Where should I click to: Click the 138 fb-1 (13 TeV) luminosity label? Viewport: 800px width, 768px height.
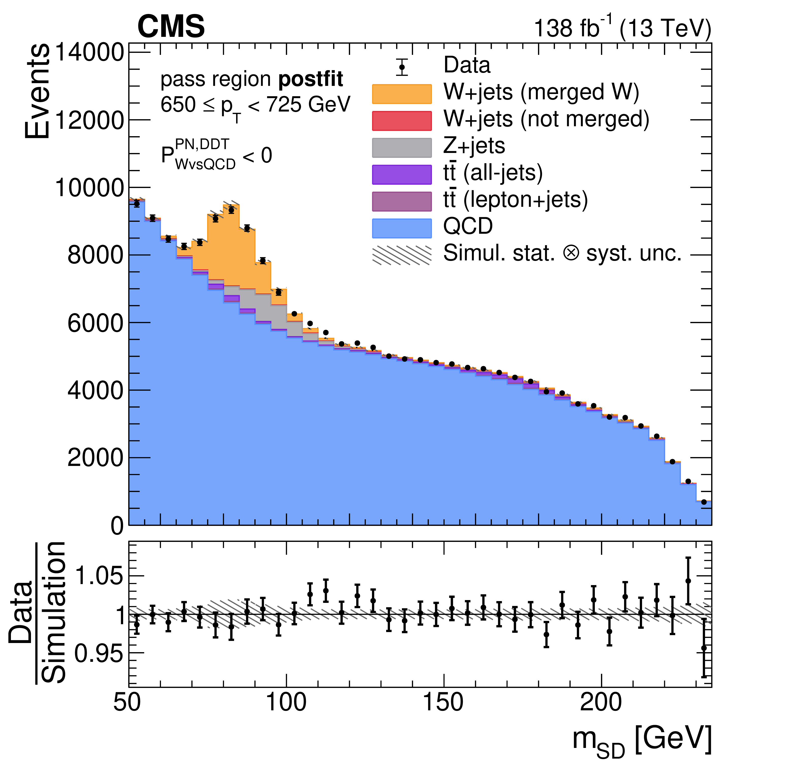pyautogui.click(x=623, y=28)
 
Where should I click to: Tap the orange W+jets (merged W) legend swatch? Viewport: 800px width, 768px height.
pyautogui.click(x=402, y=94)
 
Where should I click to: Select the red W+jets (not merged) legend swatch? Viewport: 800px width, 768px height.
pyautogui.click(x=402, y=121)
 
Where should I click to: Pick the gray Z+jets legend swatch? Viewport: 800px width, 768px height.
pyautogui.click(x=402, y=147)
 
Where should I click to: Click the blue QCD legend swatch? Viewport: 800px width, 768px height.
pyautogui.click(x=402, y=228)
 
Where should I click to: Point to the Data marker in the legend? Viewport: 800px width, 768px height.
pyautogui.click(x=402, y=67)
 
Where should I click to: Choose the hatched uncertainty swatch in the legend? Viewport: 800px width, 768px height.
pyautogui.click(x=402, y=255)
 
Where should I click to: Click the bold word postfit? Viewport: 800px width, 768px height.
pyautogui.click(x=311, y=79)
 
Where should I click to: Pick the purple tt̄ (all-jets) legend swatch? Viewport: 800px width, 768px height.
pyautogui.click(x=402, y=175)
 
